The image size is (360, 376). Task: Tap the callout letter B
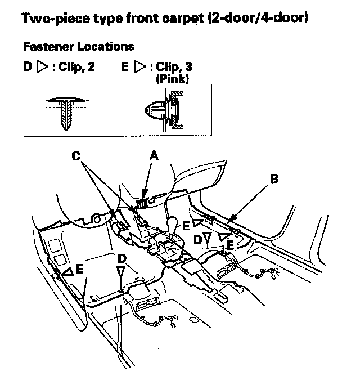click(274, 179)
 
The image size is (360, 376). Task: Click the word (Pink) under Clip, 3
click(172, 78)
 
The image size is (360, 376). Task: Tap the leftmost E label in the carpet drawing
click(79, 270)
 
